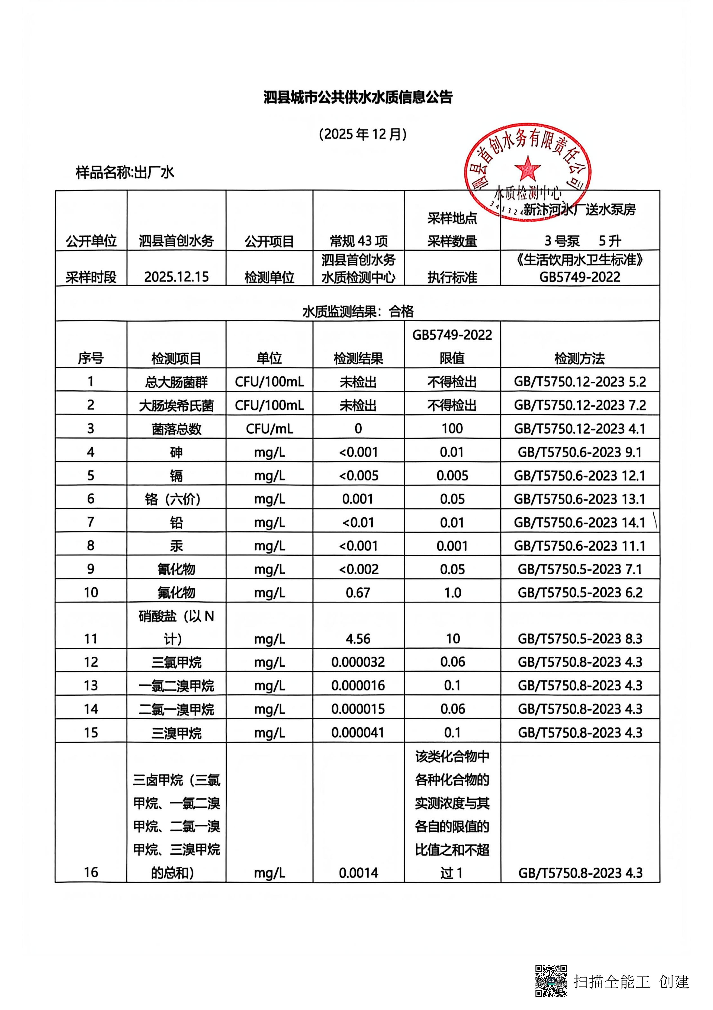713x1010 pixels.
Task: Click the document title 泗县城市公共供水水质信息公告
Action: pyautogui.click(x=358, y=97)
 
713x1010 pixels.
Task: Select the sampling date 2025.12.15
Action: pyautogui.click(x=176, y=277)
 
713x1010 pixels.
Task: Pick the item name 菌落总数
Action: pyautogui.click(x=176, y=428)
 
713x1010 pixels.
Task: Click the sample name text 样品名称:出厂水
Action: pyautogui.click(x=125, y=172)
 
